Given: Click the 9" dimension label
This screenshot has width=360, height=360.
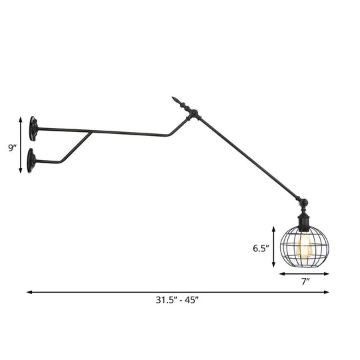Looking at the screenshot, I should click(12, 148).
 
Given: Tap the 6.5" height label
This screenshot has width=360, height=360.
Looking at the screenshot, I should click(261, 249).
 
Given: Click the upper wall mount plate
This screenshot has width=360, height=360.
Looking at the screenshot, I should click(33, 128).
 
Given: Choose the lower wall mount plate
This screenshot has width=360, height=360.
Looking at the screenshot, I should click(31, 161).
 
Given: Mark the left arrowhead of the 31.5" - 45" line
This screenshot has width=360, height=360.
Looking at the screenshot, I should click(29, 291).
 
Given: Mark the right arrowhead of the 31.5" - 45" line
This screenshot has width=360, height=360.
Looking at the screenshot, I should click(327, 291).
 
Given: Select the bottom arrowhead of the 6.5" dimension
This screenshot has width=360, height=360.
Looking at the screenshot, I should click(273, 266).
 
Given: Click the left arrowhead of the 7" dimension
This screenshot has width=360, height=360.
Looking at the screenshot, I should click(281, 273).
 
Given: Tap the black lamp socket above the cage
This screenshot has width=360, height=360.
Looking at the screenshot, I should click(303, 219).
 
